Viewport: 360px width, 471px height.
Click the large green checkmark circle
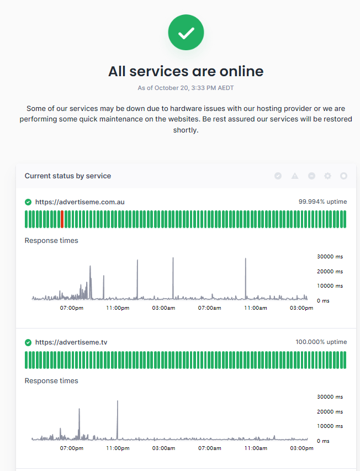coord(186,33)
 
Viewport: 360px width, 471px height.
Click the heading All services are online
coord(186,71)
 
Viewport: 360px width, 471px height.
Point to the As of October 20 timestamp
coord(186,88)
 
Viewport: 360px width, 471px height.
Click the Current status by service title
coord(68,176)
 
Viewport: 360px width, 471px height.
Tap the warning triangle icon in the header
coord(295,176)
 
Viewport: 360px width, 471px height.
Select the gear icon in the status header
coord(327,176)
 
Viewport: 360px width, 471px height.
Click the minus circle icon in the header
coord(311,176)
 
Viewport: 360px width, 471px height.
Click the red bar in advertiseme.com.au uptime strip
coord(62,219)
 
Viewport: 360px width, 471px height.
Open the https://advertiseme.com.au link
coord(80,202)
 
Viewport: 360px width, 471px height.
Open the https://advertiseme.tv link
coord(71,342)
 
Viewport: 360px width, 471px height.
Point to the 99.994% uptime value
coord(322,202)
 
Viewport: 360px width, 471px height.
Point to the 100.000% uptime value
coord(321,342)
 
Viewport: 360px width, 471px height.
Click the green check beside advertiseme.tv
coord(28,342)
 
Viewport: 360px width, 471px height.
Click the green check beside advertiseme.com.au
coord(28,202)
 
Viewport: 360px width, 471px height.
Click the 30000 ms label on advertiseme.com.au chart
coord(330,257)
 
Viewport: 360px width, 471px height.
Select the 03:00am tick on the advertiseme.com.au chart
coord(164,308)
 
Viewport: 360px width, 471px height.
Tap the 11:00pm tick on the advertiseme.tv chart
coord(118,448)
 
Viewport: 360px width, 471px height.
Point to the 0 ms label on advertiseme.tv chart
coord(323,441)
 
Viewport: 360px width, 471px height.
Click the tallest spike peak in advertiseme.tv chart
coord(118,401)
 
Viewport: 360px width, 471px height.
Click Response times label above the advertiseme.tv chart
coord(51,381)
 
